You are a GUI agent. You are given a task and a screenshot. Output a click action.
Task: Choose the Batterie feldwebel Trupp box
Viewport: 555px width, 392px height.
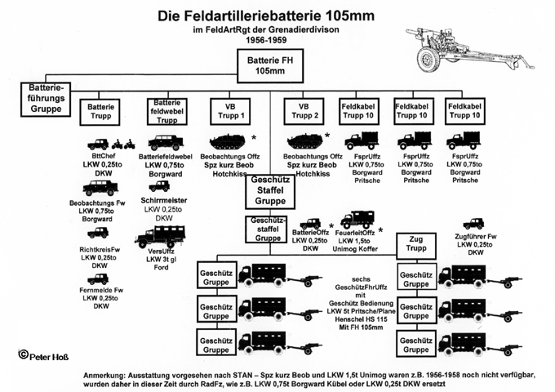coord(165,111)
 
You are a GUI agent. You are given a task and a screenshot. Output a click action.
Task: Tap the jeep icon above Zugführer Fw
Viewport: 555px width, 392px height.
coord(473,223)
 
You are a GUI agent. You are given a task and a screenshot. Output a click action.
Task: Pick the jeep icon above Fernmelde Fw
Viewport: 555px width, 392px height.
coord(99,278)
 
